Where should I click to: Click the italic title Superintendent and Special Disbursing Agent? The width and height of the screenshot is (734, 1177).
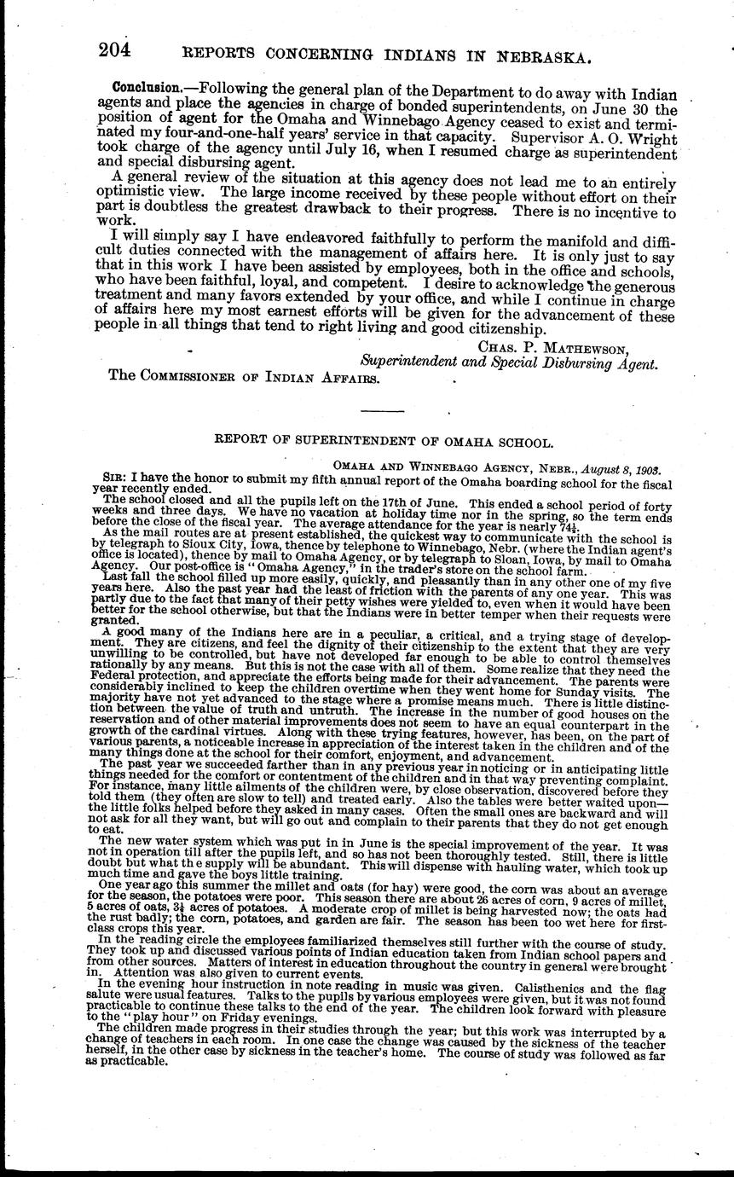509,363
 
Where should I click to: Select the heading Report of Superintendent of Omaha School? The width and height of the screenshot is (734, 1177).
384,443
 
